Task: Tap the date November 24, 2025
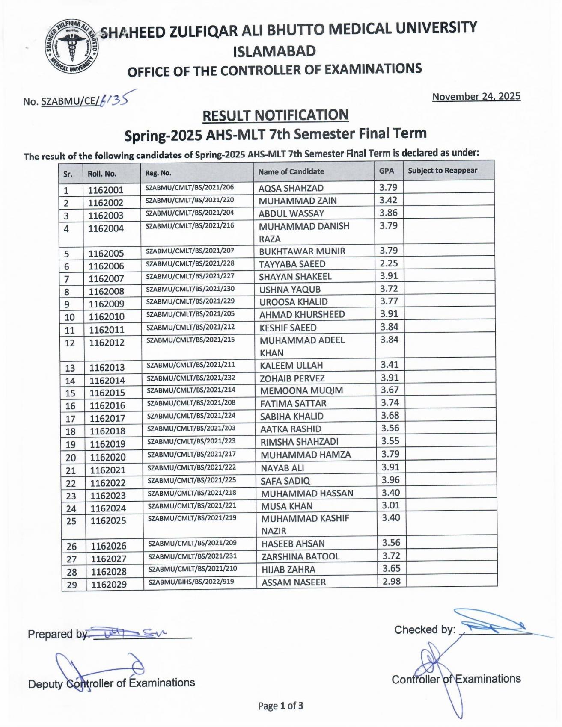[x=476, y=96]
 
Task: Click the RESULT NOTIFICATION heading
[x=275, y=115]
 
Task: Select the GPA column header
[x=386, y=171]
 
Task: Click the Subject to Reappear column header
[x=442, y=171]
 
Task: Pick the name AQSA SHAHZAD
[x=291, y=188]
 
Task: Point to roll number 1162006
[x=106, y=266]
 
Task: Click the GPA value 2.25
[x=389, y=263]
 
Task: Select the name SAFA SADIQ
[x=285, y=481]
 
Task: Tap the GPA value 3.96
[x=390, y=480]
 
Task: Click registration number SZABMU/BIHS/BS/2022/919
[x=191, y=582]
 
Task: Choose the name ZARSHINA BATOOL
[x=300, y=556]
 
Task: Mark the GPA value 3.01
[x=390, y=505]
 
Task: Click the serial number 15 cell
[x=70, y=393]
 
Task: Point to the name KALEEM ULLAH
[x=291, y=366]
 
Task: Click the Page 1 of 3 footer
[x=280, y=706]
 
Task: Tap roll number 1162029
[x=109, y=584]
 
